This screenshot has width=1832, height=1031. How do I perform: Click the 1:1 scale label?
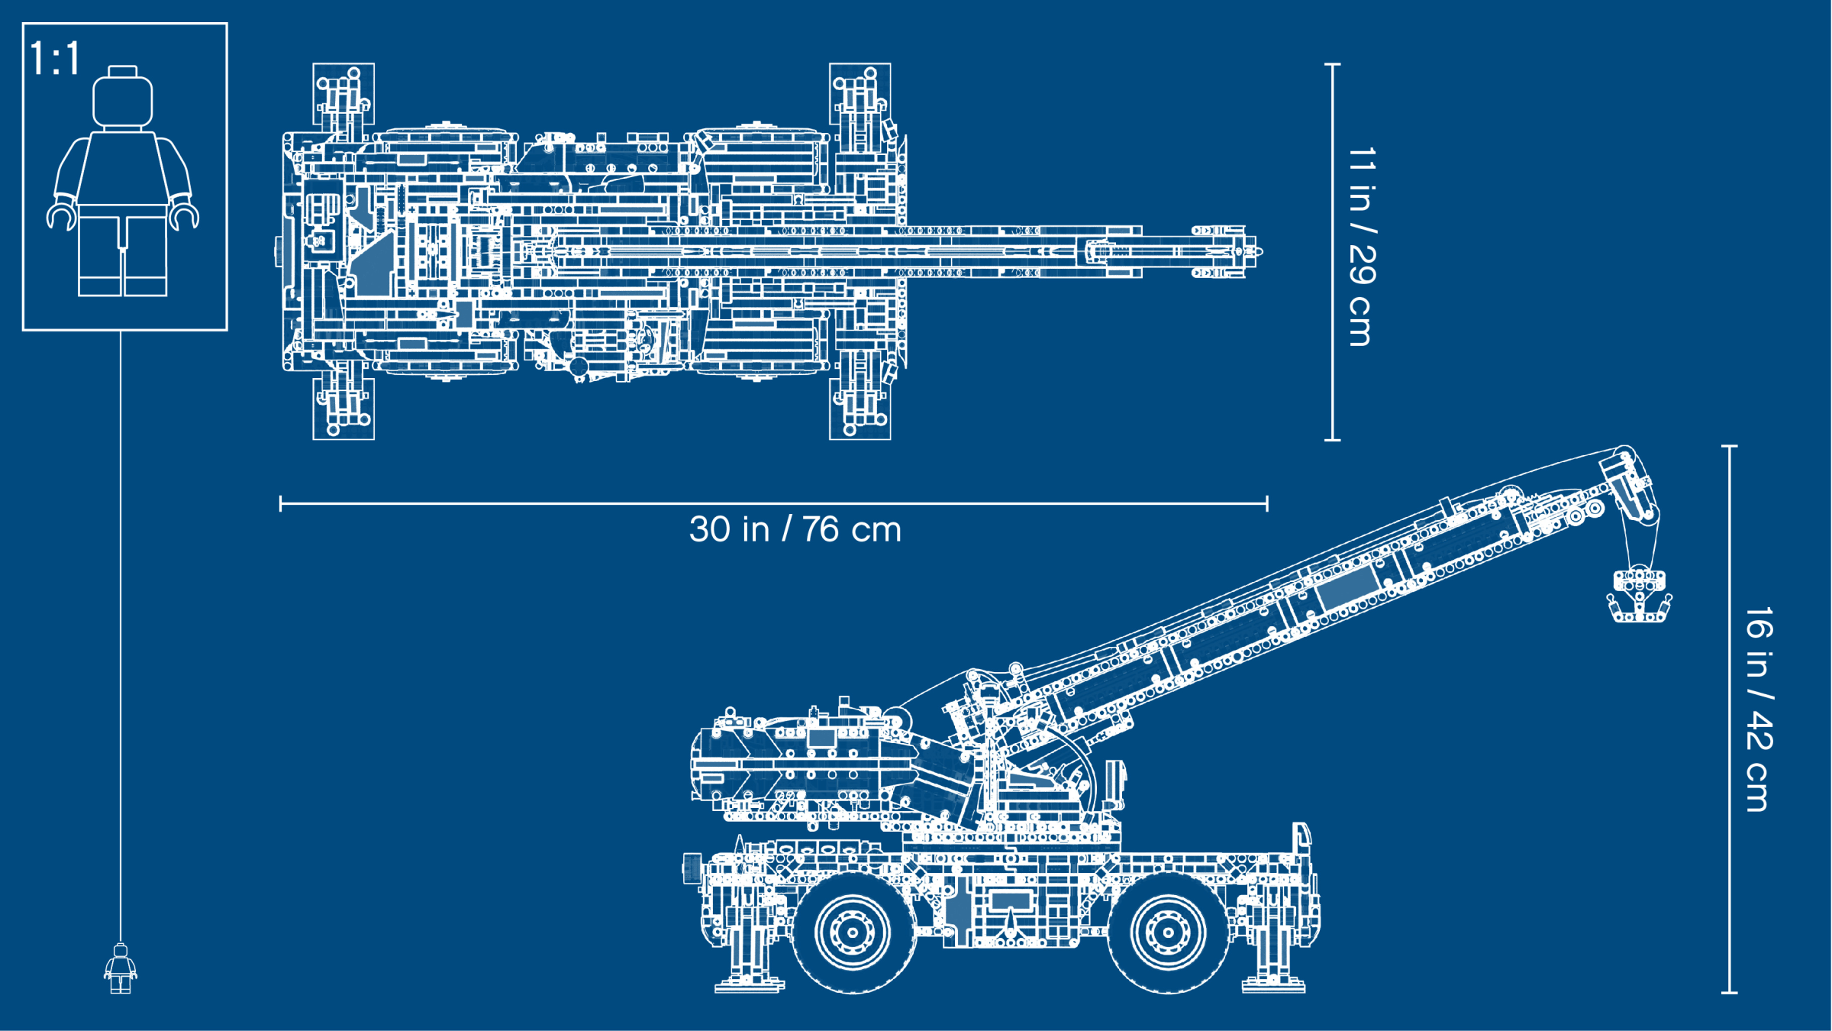click(x=55, y=58)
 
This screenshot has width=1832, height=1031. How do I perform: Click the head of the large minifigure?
click(x=122, y=97)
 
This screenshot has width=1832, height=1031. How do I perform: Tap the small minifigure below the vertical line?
click(x=121, y=968)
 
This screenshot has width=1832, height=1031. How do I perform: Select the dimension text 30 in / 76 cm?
click(x=795, y=529)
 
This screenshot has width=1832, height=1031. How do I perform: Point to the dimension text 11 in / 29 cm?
click(x=1362, y=247)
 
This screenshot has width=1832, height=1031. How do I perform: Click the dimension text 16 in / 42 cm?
click(x=1759, y=709)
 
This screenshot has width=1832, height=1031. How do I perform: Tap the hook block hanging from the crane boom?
click(x=1640, y=596)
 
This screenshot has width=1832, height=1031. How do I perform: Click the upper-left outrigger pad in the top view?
click(x=343, y=94)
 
